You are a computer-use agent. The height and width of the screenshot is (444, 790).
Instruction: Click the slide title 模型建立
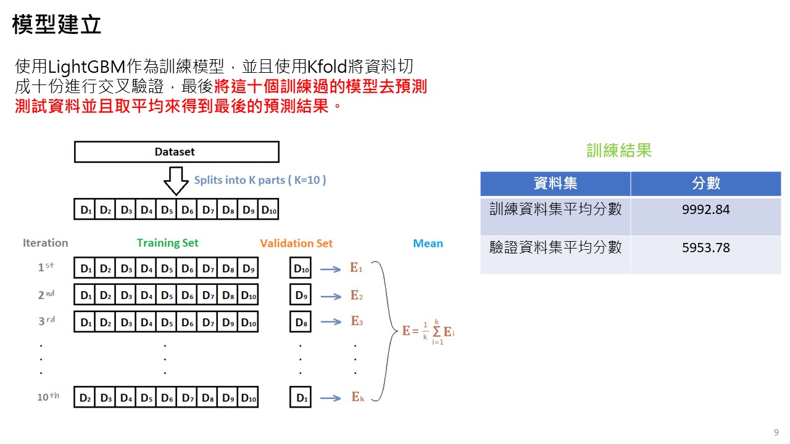[x=57, y=25]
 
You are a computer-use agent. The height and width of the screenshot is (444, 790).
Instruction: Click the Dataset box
[x=176, y=152]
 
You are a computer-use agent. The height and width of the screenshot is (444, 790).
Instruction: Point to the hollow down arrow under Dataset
[x=176, y=181]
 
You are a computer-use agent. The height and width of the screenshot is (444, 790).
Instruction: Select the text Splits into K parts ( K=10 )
[x=260, y=180]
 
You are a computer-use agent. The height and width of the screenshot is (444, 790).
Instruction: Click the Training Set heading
[x=167, y=243]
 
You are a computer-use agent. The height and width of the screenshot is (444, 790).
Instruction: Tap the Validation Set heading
[x=296, y=244]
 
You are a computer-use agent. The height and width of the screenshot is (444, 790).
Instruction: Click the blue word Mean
[x=428, y=244]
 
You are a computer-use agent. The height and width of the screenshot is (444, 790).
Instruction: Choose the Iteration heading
[x=45, y=243]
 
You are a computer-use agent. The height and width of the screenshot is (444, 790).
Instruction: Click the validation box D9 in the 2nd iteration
[x=301, y=296]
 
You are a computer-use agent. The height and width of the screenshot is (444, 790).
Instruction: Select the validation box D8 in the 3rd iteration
[x=301, y=322]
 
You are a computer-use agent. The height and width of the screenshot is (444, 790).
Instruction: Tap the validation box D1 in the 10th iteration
[x=301, y=398]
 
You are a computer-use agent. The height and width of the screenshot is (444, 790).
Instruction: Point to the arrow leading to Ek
[x=331, y=398]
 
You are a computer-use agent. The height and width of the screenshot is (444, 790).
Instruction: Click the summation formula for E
[x=428, y=331]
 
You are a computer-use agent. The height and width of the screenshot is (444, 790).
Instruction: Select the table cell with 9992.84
[x=705, y=210]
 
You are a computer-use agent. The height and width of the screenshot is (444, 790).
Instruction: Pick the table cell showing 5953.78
[x=705, y=248]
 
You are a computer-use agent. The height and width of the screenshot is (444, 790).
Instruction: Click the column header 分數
[x=705, y=183]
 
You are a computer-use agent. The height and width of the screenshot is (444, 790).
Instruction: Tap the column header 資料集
[x=555, y=183]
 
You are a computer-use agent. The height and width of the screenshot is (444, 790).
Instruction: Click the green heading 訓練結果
[x=618, y=150]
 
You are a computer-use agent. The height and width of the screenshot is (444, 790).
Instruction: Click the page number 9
[x=776, y=432]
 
